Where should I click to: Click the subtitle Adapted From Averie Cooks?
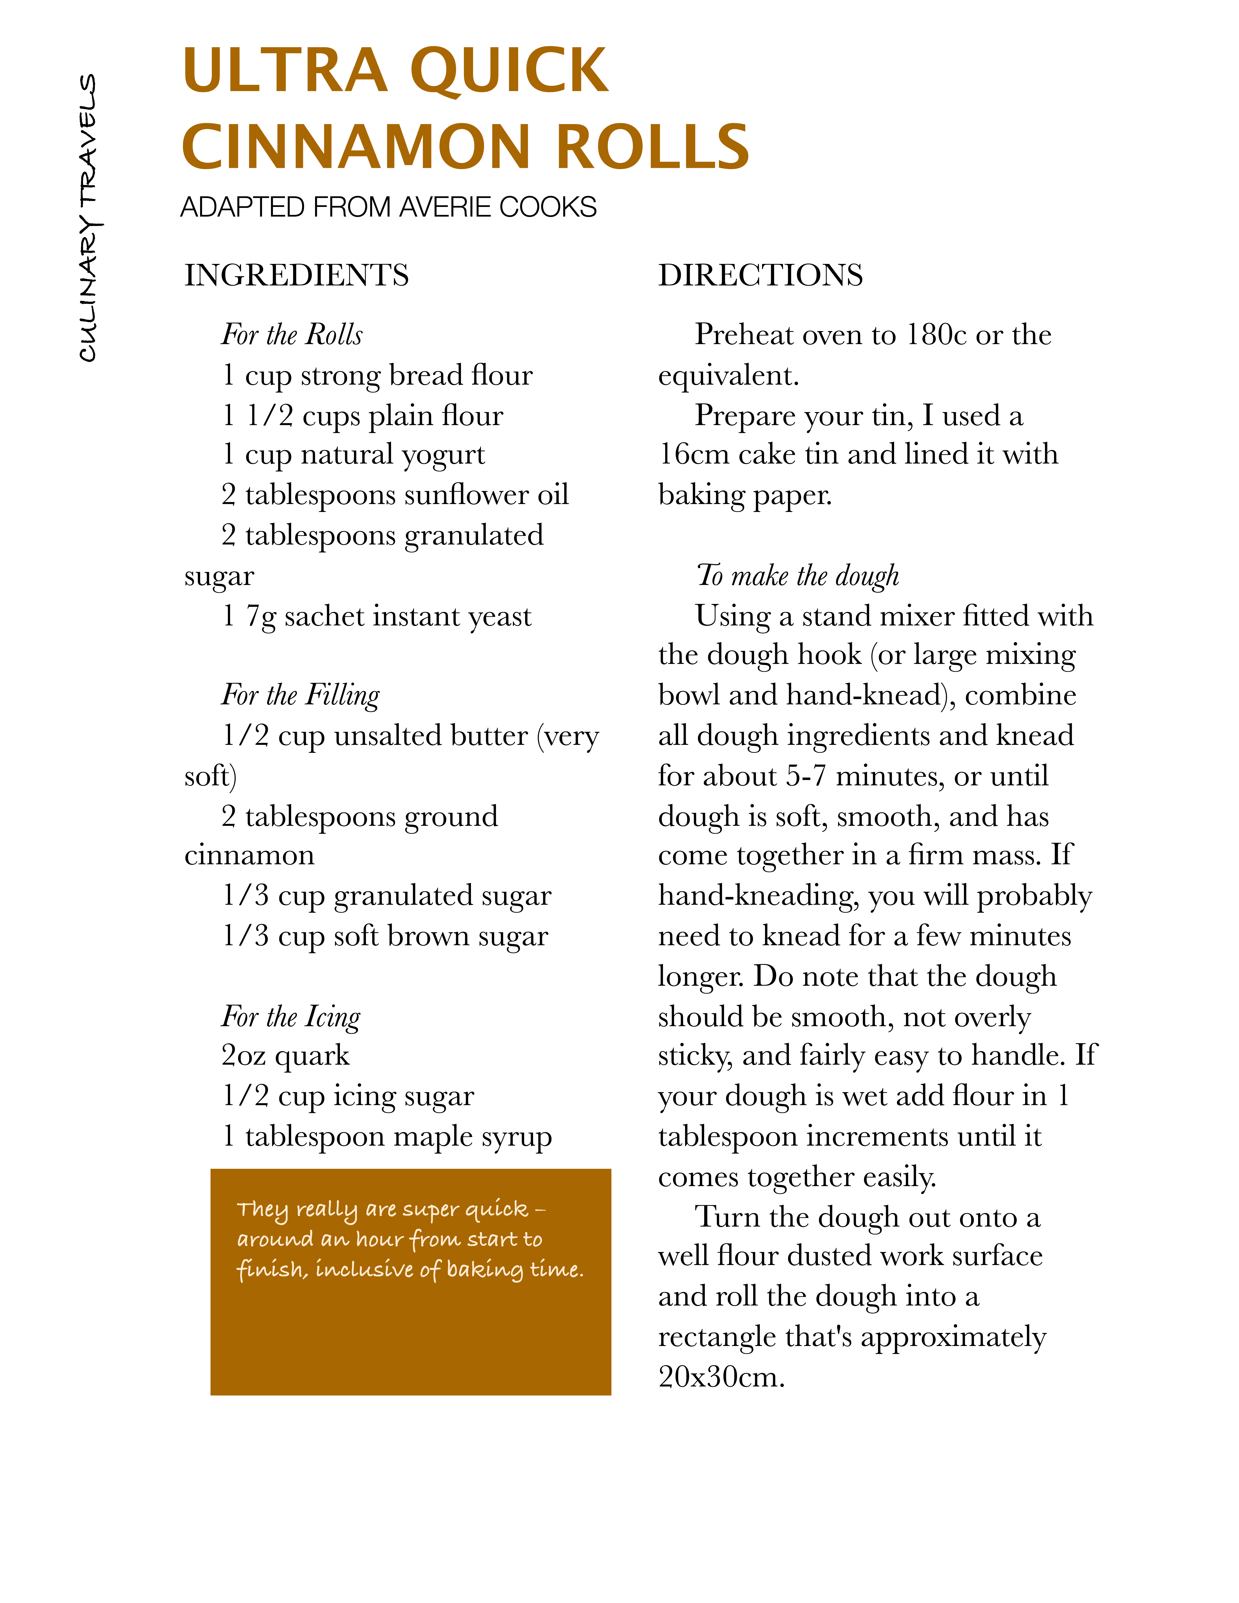click(x=388, y=208)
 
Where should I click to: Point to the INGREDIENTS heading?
click(x=297, y=275)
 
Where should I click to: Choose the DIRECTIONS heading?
click(x=760, y=275)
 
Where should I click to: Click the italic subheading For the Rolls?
click(x=292, y=335)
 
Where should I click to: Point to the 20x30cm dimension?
click(x=721, y=1377)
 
